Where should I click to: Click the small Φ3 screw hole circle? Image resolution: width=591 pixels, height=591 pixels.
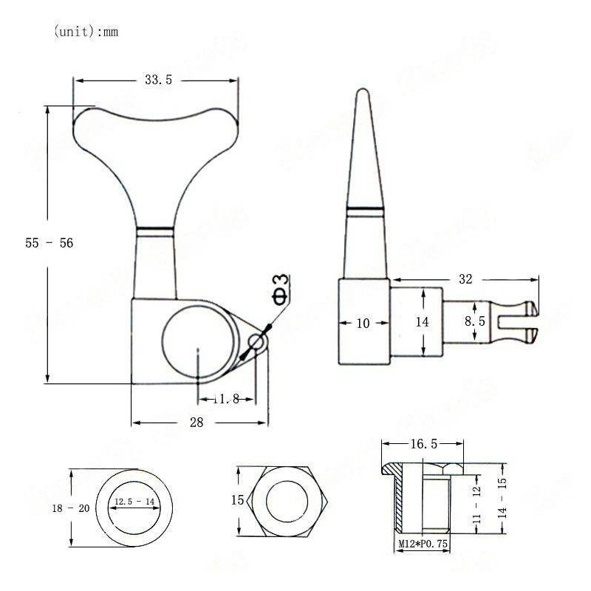(x=256, y=342)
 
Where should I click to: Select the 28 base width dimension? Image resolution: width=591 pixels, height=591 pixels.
(x=198, y=422)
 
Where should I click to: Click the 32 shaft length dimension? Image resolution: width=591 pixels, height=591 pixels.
(x=465, y=279)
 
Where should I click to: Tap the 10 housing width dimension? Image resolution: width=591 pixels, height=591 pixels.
(x=363, y=322)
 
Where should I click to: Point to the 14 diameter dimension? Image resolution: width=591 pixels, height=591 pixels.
(x=422, y=321)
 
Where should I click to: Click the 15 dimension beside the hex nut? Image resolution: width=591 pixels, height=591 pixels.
(x=237, y=500)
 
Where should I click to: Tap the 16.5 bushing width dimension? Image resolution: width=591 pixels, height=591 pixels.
(x=423, y=443)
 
